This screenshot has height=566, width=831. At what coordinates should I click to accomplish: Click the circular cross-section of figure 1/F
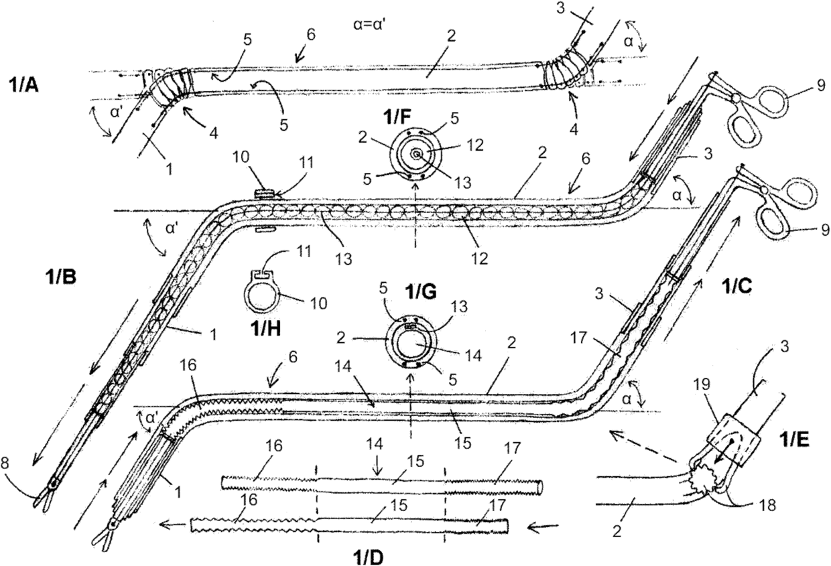[415, 154]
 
